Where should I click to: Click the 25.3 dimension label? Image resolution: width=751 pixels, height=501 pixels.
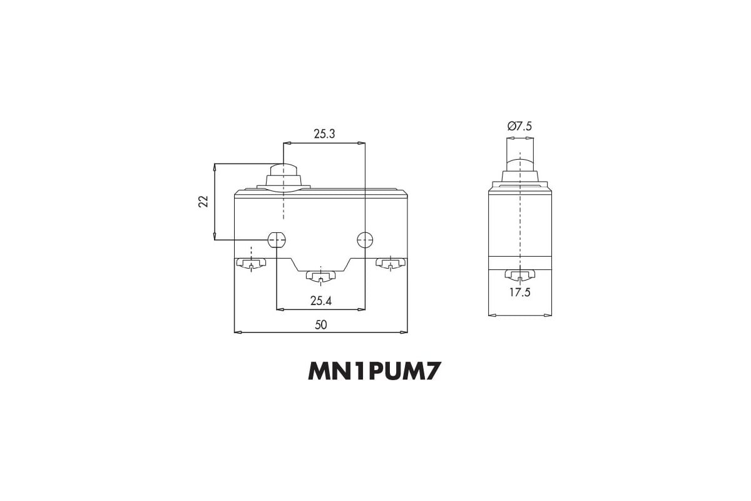click(324, 134)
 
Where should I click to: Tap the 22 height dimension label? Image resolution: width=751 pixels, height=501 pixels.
click(203, 202)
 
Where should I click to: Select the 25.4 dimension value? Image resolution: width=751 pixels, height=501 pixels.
click(321, 301)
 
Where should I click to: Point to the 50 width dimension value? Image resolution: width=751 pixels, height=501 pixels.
click(321, 325)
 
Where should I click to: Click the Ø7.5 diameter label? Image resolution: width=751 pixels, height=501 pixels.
click(519, 127)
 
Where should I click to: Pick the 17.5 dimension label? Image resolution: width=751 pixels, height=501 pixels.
click(520, 292)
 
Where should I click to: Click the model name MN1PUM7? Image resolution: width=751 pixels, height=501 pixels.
click(374, 371)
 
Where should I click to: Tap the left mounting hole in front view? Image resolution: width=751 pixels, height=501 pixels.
click(277, 240)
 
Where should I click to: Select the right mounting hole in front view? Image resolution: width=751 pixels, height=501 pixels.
click(365, 240)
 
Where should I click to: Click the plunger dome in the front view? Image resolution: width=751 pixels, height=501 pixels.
click(284, 170)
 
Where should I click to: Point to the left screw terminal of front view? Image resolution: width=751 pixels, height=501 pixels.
click(251, 264)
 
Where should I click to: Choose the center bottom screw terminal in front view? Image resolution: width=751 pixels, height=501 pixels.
click(321, 276)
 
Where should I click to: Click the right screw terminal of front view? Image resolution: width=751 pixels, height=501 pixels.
click(391, 264)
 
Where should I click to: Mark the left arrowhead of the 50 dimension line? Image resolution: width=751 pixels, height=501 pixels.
click(238, 333)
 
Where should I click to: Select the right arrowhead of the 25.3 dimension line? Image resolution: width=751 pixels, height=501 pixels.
click(361, 143)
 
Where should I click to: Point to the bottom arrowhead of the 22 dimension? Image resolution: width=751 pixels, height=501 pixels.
click(215, 236)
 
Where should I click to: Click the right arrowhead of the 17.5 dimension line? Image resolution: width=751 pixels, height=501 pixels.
click(548, 315)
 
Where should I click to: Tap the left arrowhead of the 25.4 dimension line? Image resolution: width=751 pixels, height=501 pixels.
click(280, 309)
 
